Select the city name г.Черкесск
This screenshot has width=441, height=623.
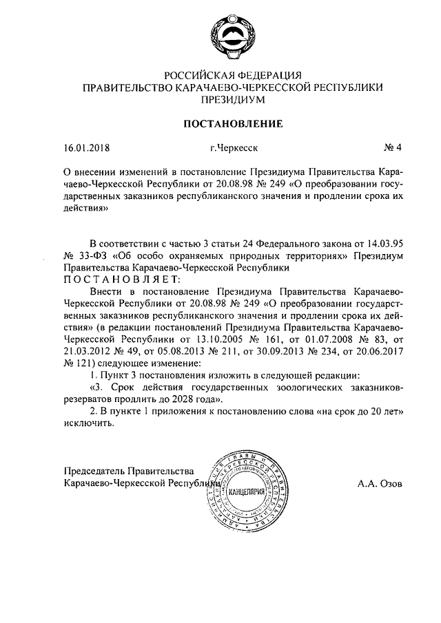click(x=235, y=147)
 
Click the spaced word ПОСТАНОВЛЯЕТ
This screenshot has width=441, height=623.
click(x=121, y=278)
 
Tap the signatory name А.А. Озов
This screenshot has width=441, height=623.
click(x=381, y=483)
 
